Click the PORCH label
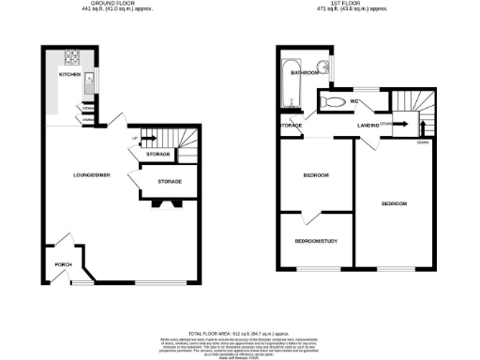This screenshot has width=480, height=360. (64, 263)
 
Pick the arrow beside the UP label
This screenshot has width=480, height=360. (143, 139)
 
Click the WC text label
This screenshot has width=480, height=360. (356, 101)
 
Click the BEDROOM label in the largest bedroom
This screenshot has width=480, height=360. (394, 203)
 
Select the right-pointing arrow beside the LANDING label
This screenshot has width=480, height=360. (397, 122)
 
